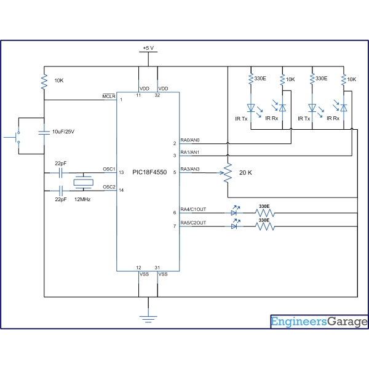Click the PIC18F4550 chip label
click(x=149, y=172)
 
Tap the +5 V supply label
click(x=148, y=48)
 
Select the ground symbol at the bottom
click(x=148, y=319)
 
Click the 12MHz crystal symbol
click(x=83, y=182)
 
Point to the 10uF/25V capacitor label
click(x=63, y=132)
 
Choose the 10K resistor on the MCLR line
click(x=44, y=82)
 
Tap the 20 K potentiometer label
click(x=245, y=173)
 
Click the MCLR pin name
click(x=109, y=97)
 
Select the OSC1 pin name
click(x=109, y=169)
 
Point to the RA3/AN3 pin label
click(x=190, y=169)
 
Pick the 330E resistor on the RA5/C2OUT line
click(x=265, y=226)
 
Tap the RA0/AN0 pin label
click(x=190, y=140)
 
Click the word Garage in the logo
click(x=347, y=322)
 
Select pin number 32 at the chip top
click(x=157, y=95)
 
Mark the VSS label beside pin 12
click(x=144, y=274)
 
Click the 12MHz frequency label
click(x=82, y=199)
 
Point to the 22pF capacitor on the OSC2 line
click(x=61, y=191)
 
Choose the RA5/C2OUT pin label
click(x=193, y=223)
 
